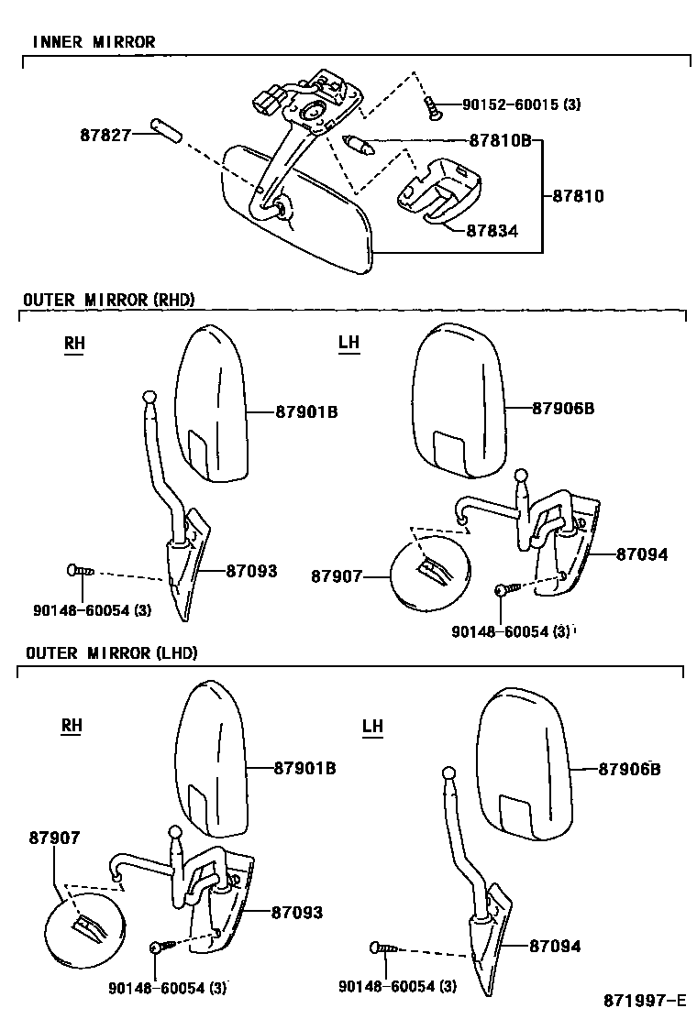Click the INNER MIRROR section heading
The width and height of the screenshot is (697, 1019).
click(94, 42)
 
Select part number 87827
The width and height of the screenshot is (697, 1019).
click(105, 135)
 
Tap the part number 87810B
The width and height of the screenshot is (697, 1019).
click(501, 142)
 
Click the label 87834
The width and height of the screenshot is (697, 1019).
click(491, 231)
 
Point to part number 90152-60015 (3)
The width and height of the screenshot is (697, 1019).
click(520, 105)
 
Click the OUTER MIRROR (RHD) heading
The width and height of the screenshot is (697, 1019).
click(109, 300)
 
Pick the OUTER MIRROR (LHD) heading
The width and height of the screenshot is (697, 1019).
click(111, 652)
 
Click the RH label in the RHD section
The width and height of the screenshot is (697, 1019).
click(73, 344)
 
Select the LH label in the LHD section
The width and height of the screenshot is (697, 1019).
click(372, 726)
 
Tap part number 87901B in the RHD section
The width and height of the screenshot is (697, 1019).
click(306, 412)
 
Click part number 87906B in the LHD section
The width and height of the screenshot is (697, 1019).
click(629, 769)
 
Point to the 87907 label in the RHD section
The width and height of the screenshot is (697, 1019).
click(337, 576)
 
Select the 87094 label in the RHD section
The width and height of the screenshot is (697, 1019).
click(641, 554)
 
